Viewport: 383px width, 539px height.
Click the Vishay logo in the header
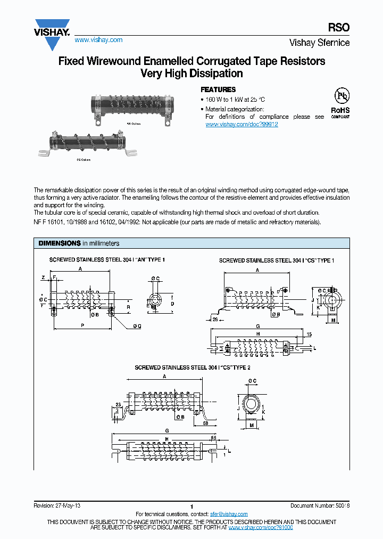(x=52, y=28)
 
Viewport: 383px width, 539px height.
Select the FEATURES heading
(x=218, y=90)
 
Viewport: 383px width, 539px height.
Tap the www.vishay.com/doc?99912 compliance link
(x=242, y=124)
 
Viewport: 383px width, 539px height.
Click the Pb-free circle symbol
(x=340, y=96)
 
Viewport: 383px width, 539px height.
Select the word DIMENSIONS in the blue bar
(x=59, y=243)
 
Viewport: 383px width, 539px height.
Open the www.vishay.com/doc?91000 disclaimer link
(x=261, y=527)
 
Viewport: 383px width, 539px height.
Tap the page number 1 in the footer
(x=191, y=507)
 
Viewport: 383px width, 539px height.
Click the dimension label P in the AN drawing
(x=82, y=324)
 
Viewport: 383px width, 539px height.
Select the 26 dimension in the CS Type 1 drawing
(x=215, y=319)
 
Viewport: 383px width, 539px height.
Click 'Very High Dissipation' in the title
(x=191, y=73)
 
